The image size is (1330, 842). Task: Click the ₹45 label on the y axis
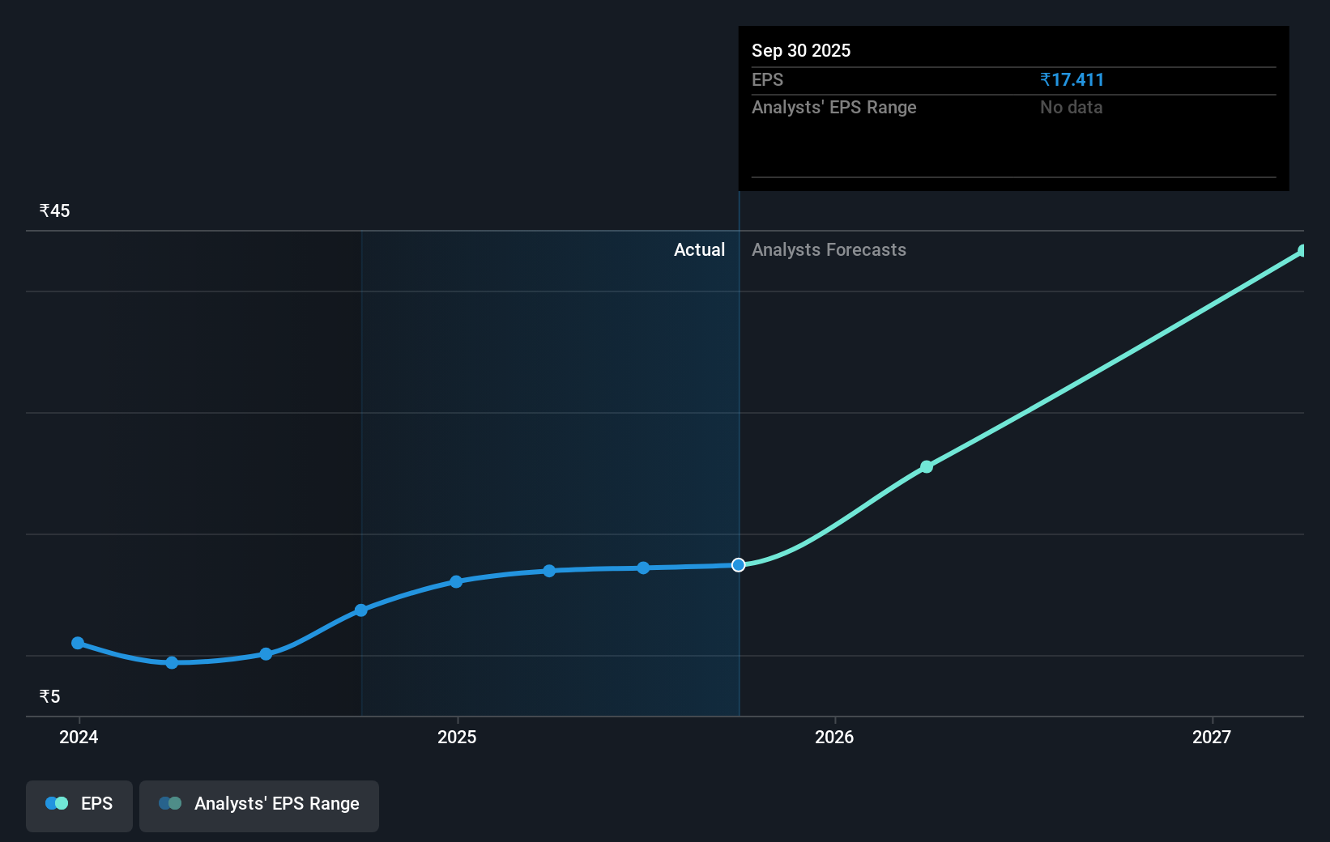pyautogui.click(x=54, y=210)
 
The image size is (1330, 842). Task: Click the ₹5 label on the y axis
pyautogui.click(x=49, y=696)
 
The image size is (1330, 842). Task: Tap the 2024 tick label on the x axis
pyautogui.click(x=79, y=737)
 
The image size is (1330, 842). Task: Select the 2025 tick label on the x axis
pyautogui.click(x=457, y=737)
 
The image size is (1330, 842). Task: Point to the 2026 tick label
pyautogui.click(x=834, y=737)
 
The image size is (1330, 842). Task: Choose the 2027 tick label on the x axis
pyautogui.click(x=1212, y=737)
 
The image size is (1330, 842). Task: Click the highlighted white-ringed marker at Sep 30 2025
pyautogui.click(x=738, y=565)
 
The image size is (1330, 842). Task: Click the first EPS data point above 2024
pyautogui.click(x=78, y=643)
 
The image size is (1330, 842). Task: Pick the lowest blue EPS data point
pyautogui.click(x=172, y=662)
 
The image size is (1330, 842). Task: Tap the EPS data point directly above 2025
pyautogui.click(x=456, y=581)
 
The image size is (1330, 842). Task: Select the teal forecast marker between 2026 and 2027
pyautogui.click(x=927, y=467)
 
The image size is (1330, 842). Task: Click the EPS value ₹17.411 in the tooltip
pyautogui.click(x=1072, y=79)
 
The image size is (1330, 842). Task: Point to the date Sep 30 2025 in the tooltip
pyautogui.click(x=801, y=50)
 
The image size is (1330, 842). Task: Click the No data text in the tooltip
pyautogui.click(x=1071, y=107)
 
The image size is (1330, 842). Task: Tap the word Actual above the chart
pyautogui.click(x=699, y=249)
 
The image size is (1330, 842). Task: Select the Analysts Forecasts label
pyautogui.click(x=829, y=249)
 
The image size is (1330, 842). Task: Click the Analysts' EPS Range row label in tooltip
pyautogui.click(x=833, y=107)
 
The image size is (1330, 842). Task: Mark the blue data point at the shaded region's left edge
pyautogui.click(x=361, y=610)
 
